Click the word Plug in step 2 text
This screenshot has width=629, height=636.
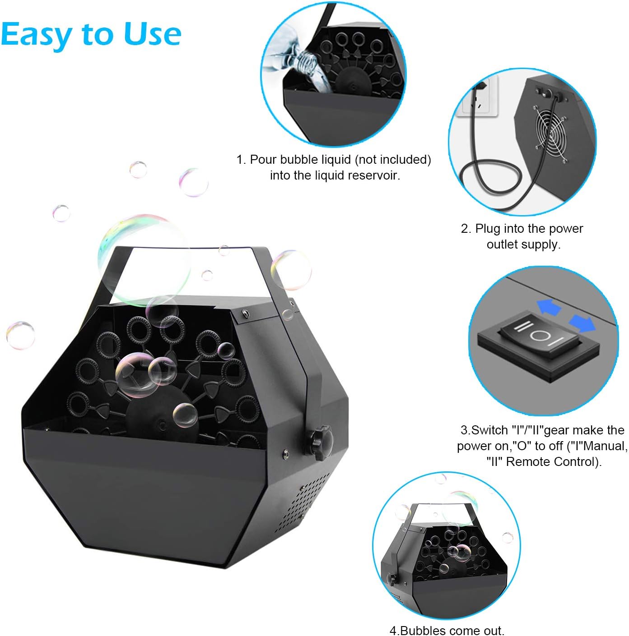pos(487,229)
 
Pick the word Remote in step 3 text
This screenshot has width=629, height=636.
pos(526,462)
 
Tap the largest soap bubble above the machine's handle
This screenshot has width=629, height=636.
pos(144,259)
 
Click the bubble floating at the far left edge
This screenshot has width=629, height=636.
pos(20,335)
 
